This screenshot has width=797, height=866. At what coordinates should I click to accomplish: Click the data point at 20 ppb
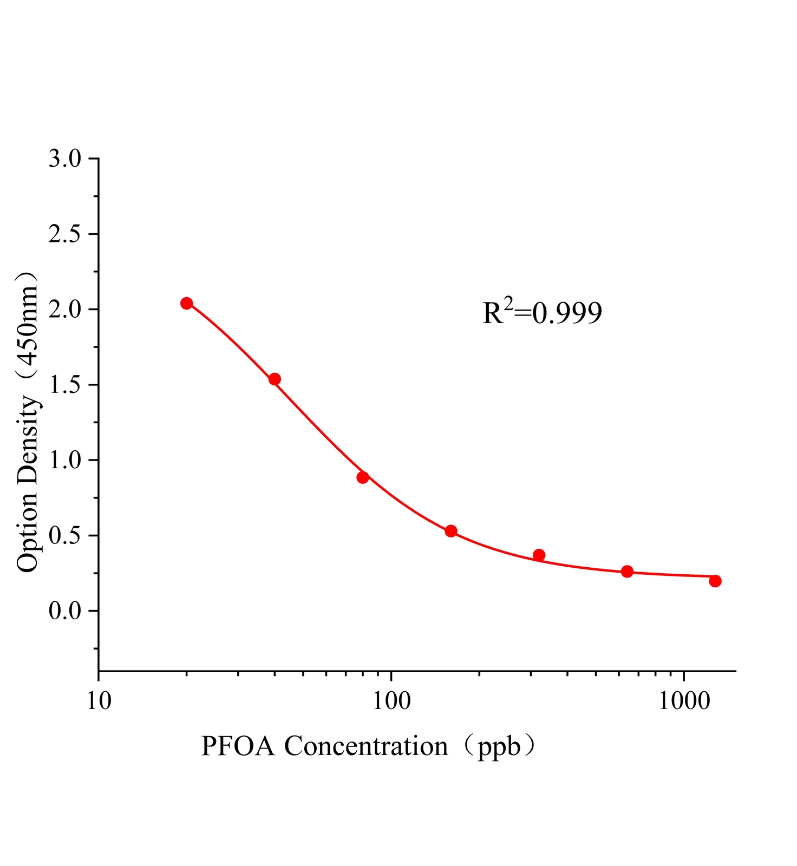[186, 303]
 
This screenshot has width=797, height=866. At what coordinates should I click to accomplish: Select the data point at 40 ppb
[275, 379]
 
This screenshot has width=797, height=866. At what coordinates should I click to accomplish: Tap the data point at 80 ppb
[363, 477]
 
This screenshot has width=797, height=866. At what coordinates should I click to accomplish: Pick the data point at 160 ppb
[451, 531]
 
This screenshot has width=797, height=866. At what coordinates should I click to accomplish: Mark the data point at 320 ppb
[539, 555]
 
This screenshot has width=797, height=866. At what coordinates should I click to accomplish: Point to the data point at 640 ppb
[627, 572]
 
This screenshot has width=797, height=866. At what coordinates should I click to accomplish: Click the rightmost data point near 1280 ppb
[715, 581]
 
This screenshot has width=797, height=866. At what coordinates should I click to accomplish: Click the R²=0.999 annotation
[542, 312]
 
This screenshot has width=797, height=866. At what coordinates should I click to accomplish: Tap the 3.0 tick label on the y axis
[64, 159]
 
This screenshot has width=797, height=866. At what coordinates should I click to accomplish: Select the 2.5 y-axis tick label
[64, 234]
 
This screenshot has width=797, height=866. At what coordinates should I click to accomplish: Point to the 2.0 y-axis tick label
[64, 310]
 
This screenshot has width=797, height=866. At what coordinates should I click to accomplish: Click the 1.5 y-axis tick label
[64, 385]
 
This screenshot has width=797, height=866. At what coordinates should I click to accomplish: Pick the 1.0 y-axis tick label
[64, 460]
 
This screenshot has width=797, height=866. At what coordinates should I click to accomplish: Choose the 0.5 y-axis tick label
[64, 536]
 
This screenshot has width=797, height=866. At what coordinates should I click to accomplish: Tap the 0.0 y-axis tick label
[64, 611]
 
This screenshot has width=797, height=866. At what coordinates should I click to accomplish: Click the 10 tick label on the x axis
[98, 701]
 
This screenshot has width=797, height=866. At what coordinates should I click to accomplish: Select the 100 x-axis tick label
[391, 701]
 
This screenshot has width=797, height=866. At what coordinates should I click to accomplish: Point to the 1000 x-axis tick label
[684, 701]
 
